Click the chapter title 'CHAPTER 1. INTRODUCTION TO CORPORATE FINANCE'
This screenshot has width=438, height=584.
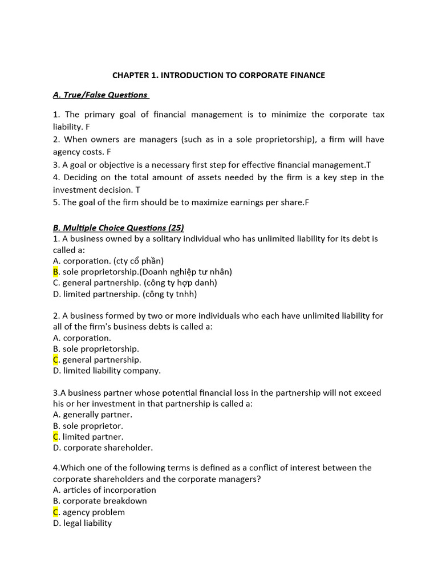(218, 75)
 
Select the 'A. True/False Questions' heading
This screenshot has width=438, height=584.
(101, 95)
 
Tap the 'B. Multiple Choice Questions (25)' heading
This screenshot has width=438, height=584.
(119, 228)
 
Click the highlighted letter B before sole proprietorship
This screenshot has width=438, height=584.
(56, 271)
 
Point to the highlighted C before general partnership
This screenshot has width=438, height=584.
(56, 359)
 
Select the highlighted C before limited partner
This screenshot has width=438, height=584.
(56, 437)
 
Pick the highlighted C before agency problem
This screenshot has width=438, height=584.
(56, 512)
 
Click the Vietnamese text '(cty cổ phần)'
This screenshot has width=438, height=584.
(137, 261)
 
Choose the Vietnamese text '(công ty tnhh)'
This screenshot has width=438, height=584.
(171, 294)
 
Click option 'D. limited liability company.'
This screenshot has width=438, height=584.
(107, 371)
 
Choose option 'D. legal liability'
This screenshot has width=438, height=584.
(83, 523)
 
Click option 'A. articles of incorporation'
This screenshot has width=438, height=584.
(104, 490)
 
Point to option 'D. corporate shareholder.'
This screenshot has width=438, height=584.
(103, 448)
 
